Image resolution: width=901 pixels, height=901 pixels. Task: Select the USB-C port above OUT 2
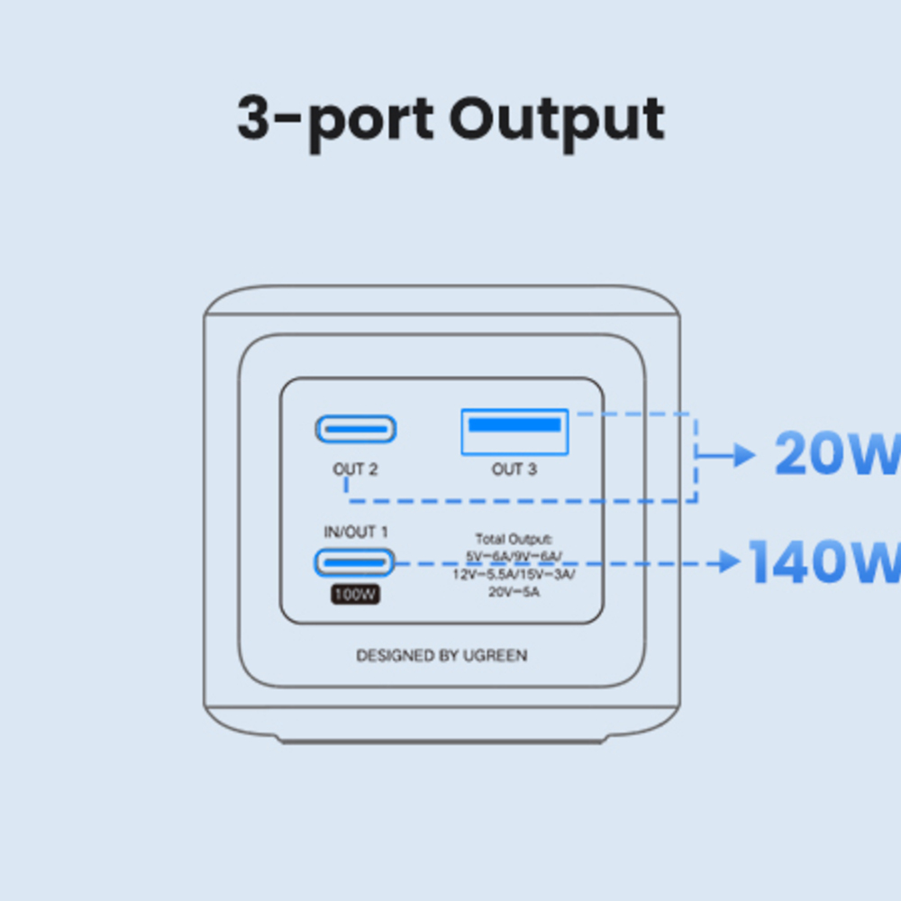point(356,429)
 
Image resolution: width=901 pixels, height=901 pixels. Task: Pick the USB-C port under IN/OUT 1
point(354,562)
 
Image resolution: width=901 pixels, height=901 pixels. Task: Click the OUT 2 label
point(355,469)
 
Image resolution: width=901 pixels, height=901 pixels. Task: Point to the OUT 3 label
point(514,469)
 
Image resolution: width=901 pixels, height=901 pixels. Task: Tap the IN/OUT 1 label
point(355,532)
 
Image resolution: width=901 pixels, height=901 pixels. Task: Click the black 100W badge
point(355,595)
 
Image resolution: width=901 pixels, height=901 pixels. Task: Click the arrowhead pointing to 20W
point(744,456)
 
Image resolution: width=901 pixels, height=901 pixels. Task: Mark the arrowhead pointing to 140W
point(731,563)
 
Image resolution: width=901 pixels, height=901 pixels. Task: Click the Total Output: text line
point(514,539)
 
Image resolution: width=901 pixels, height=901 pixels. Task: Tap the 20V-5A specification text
point(514,592)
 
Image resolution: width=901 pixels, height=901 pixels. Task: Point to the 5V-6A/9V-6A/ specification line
point(514,556)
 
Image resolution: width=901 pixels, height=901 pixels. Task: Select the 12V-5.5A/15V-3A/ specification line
point(514,574)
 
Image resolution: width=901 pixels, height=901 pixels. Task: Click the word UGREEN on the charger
point(495,656)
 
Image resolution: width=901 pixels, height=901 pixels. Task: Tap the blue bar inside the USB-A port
point(514,423)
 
